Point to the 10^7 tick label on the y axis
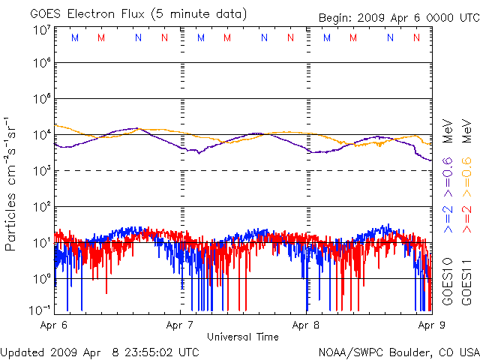coord(40,30)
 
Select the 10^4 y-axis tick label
coord(40,135)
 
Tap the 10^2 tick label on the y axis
coord(40,206)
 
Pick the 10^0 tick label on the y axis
coord(40,278)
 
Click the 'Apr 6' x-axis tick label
coord(54,325)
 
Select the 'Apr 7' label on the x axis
coord(181,325)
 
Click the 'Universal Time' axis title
coord(243,337)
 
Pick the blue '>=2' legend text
coord(448,217)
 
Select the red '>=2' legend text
coord(466,217)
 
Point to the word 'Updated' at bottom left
coord(22,352)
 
